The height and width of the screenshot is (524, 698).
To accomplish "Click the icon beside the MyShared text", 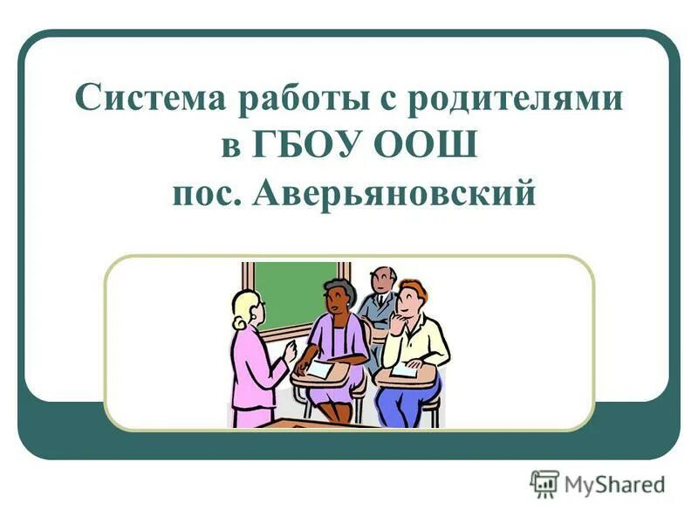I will click(544, 484).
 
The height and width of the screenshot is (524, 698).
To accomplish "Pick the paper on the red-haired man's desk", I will click(404, 370).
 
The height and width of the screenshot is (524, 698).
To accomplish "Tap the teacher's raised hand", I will click(291, 351).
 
